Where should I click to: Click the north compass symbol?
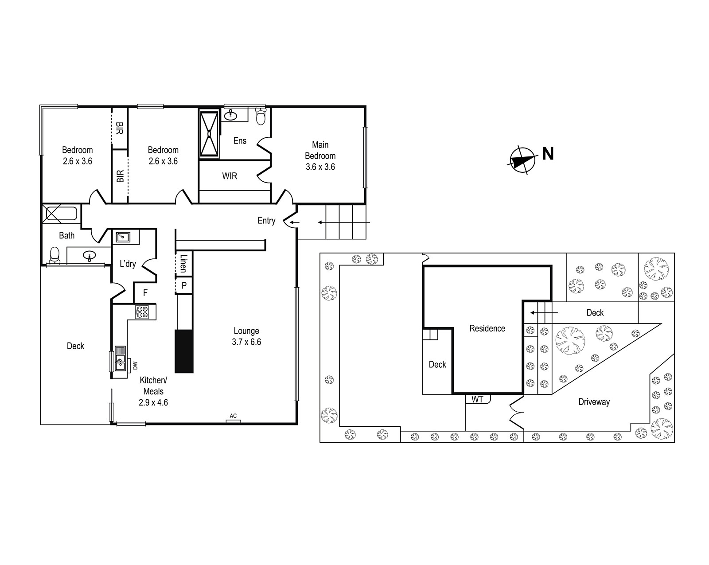coord(522,160)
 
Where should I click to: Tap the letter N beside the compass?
coord(548,154)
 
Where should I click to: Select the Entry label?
coord(266,220)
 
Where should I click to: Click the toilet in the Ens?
coord(261,116)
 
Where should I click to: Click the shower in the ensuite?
coord(209,133)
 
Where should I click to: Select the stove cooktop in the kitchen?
coord(142,312)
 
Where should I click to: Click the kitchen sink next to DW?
coord(120,362)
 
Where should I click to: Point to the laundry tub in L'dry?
coord(123,237)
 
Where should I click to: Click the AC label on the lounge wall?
coord(233,416)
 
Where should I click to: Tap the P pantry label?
coord(184,285)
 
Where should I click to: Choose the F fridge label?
coord(145,292)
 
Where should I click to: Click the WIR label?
coord(230,176)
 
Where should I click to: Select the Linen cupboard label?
coord(183,263)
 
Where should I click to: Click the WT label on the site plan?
coord(477,399)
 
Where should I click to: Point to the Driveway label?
coord(594,402)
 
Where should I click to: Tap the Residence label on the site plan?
coord(487,328)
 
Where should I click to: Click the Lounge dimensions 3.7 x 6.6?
coord(246,342)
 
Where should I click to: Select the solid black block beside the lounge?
coord(184,351)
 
